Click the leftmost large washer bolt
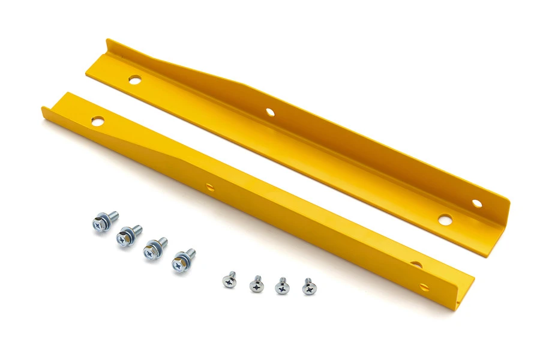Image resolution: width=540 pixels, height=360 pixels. pyautogui.click(x=103, y=221)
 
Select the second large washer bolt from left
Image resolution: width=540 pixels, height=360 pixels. pyautogui.click(x=128, y=235)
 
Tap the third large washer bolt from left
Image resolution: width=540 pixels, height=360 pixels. pyautogui.click(x=154, y=248)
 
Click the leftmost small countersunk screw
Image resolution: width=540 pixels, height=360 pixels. pyautogui.click(x=229, y=279)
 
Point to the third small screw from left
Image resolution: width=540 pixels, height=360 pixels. pyautogui.click(x=282, y=286)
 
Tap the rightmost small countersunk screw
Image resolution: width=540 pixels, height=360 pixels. pyautogui.click(x=309, y=287)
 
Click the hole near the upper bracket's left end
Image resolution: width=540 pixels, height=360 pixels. pyautogui.click(x=134, y=79)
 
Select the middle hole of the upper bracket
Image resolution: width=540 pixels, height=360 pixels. pyautogui.click(x=270, y=112)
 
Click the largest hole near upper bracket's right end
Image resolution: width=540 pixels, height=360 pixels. pyautogui.click(x=444, y=220)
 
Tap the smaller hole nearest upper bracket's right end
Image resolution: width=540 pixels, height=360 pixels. pyautogui.click(x=476, y=203)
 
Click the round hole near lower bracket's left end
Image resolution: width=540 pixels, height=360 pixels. pyautogui.click(x=97, y=121)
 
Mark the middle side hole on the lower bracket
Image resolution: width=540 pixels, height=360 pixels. pyautogui.click(x=210, y=187)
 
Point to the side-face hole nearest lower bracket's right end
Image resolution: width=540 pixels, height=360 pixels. pyautogui.click(x=424, y=287)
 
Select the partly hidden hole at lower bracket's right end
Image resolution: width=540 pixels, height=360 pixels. pyautogui.click(x=416, y=265)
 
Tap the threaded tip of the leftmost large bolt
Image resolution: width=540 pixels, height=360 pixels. pyautogui.click(x=113, y=214)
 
